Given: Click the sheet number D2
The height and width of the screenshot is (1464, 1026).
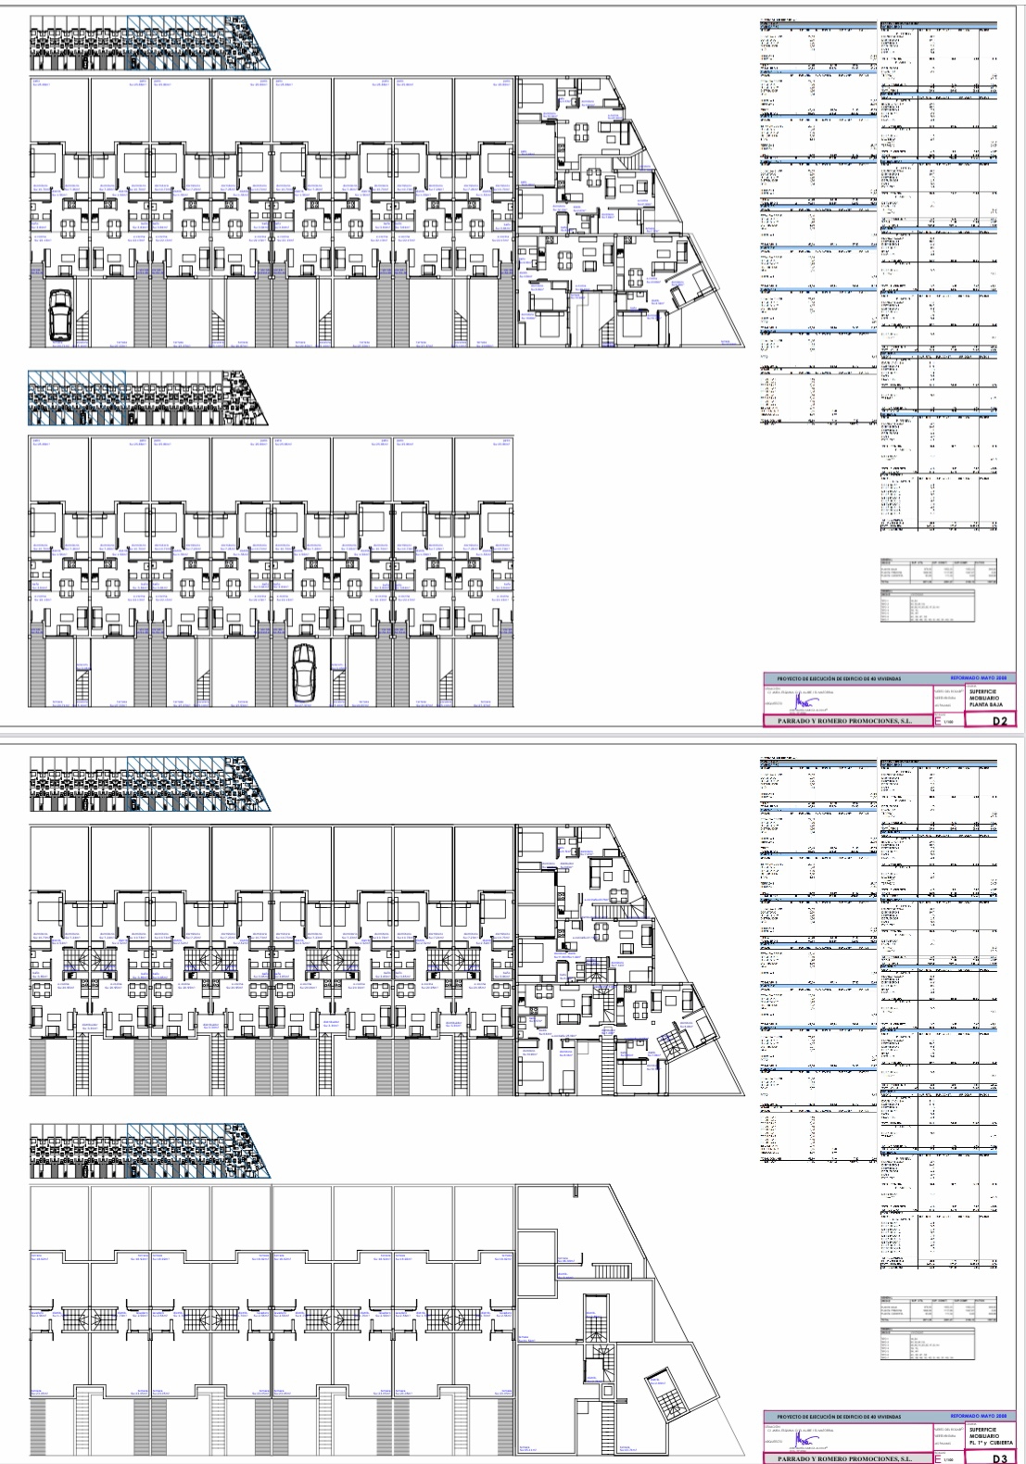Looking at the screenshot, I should pyautogui.click(x=998, y=720).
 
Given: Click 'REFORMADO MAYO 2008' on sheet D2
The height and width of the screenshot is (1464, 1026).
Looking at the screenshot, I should pyautogui.click(x=983, y=678).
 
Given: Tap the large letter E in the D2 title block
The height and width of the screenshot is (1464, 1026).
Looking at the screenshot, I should pyautogui.click(x=938, y=719).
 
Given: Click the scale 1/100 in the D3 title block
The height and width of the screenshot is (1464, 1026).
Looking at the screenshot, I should pyautogui.click(x=948, y=1460).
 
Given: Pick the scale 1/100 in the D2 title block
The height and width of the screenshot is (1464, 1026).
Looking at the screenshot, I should pyautogui.click(x=948, y=722).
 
